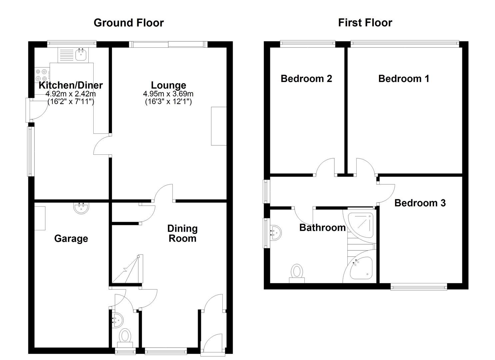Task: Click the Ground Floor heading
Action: pyautogui.click(x=128, y=23)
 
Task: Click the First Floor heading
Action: pyautogui.click(x=365, y=23)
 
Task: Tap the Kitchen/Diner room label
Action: pyautogui.click(x=71, y=85)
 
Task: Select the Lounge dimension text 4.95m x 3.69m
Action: pyautogui.click(x=168, y=94)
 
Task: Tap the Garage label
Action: pyautogui.click(x=71, y=239)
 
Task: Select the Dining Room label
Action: pyautogui.click(x=182, y=233)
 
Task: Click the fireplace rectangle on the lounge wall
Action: pyautogui.click(x=219, y=126)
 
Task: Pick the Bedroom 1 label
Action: pyautogui.click(x=404, y=79)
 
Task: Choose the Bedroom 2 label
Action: pyautogui.click(x=306, y=79)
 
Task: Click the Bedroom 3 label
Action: pyautogui.click(x=420, y=203)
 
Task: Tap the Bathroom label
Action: pyautogui.click(x=322, y=228)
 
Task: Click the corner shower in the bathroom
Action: pyautogui.click(x=361, y=224)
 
